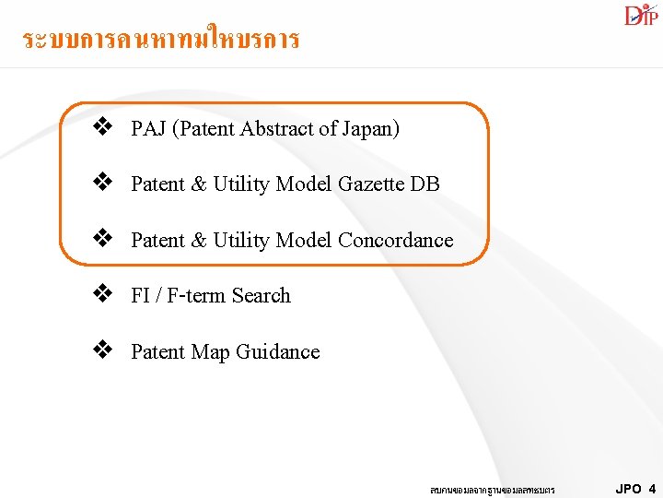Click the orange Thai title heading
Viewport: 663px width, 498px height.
tap(161, 40)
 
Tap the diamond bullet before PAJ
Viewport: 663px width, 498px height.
tap(102, 127)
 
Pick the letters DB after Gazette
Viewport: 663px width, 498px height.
tap(425, 184)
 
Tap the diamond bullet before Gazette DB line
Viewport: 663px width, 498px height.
tap(102, 184)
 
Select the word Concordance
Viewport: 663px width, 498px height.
tap(395, 241)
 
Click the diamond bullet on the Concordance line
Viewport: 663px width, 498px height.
tap(102, 239)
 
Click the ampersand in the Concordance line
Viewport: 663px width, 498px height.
tap(198, 241)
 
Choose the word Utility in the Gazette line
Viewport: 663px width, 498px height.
tap(241, 184)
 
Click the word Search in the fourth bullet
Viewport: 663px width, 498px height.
tap(261, 296)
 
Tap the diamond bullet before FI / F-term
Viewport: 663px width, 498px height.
tap(102, 295)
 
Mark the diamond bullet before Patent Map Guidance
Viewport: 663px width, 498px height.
tap(102, 350)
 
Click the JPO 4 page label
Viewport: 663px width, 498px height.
tap(635, 489)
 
